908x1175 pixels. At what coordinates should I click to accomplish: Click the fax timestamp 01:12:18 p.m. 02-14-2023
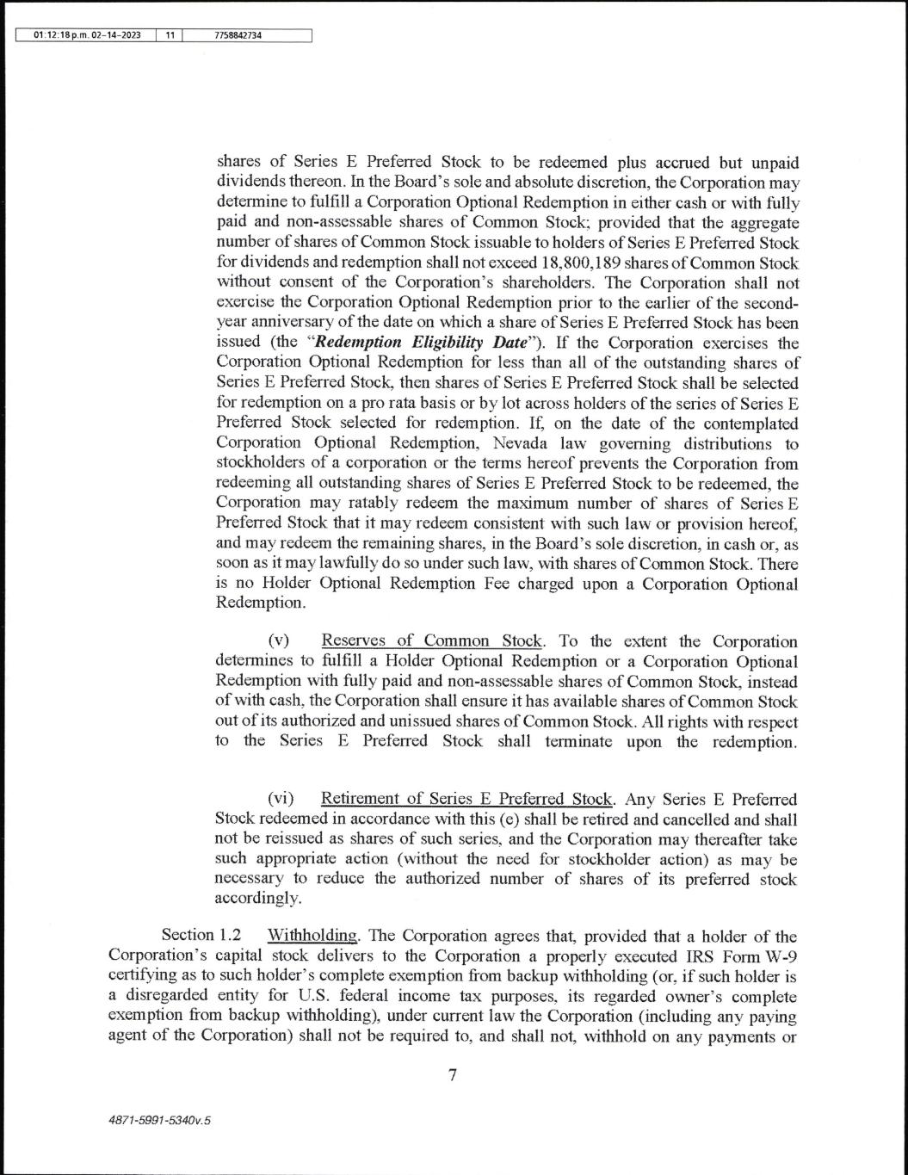click(x=87, y=35)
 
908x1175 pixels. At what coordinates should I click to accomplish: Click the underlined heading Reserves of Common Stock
click(x=432, y=641)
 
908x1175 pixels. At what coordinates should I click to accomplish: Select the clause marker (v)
click(x=280, y=641)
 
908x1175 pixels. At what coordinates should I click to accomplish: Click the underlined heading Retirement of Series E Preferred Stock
click(x=467, y=800)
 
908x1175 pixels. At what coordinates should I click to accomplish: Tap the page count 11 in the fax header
click(x=170, y=35)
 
